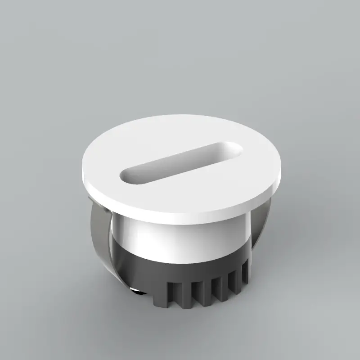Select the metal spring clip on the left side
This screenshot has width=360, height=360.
tap(101, 238)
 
